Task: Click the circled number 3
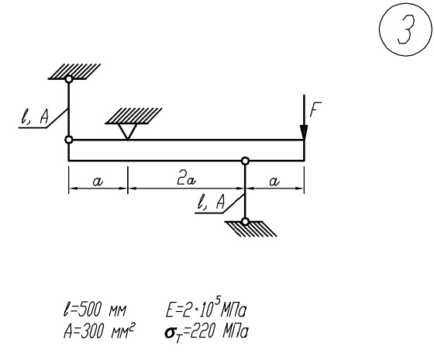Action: click(x=405, y=29)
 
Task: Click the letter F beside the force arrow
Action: click(x=315, y=109)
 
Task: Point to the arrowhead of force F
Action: click(x=304, y=133)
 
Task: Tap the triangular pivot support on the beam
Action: click(x=128, y=131)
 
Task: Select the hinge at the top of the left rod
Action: click(x=69, y=79)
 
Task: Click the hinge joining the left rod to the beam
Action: click(x=69, y=140)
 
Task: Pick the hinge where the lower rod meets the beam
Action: click(x=245, y=161)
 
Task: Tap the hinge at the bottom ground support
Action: click(x=245, y=222)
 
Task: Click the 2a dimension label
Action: click(x=186, y=180)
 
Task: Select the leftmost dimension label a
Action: click(x=98, y=182)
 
